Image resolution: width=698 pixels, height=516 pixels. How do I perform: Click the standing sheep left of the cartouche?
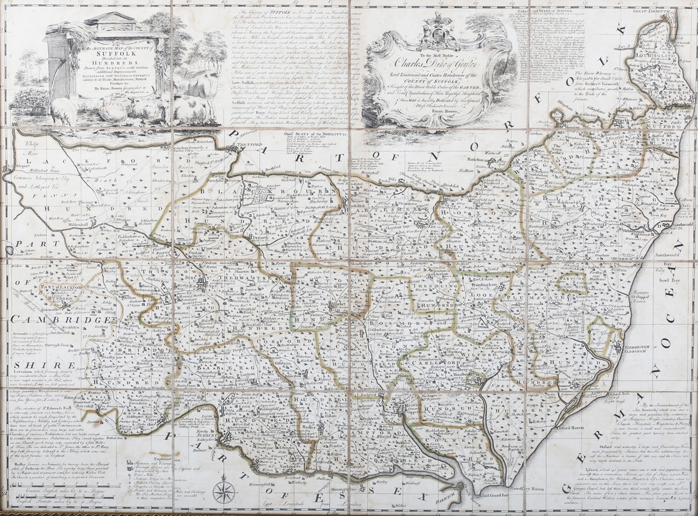point(62,109)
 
